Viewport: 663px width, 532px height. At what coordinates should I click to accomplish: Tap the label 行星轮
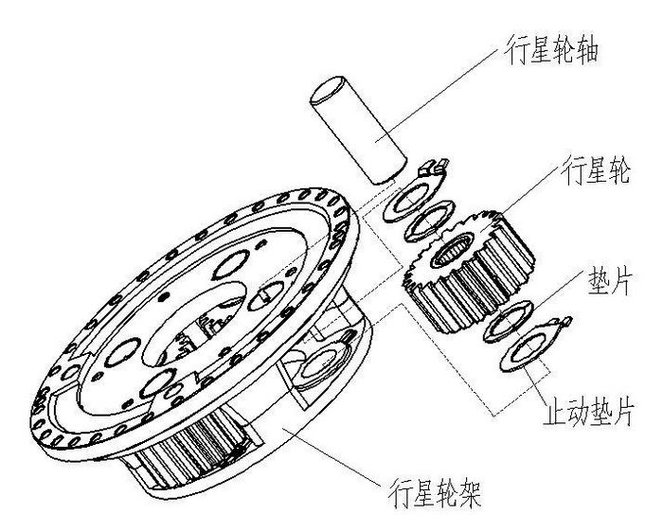595,170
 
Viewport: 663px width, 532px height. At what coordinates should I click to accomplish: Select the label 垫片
609,282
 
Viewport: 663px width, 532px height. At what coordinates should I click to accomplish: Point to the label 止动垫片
588,411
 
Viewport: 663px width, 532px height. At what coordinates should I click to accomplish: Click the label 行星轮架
434,493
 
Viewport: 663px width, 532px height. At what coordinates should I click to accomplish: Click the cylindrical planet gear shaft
358,130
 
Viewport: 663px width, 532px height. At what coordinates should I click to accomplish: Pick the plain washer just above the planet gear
430,221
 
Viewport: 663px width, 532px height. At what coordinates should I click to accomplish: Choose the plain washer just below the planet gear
508,322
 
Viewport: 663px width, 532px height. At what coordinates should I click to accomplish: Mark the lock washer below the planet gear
532,345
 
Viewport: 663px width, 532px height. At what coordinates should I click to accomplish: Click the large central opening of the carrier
194,321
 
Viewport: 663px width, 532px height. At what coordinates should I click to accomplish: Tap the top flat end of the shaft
328,90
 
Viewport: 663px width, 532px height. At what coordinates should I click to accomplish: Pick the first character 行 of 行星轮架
400,493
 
